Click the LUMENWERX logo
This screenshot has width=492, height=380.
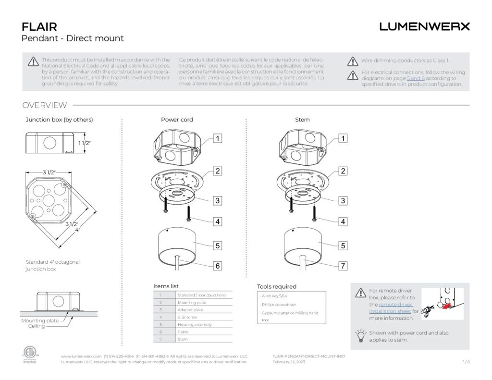pyautogui.click(x=424, y=27)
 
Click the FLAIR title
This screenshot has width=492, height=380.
pyautogui.click(x=39, y=26)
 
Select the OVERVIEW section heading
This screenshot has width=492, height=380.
pyautogui.click(x=45, y=105)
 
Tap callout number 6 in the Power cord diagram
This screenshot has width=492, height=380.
pyautogui.click(x=218, y=266)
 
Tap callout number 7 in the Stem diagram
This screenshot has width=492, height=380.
pyautogui.click(x=343, y=266)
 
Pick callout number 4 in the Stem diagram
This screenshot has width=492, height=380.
pyautogui.click(x=343, y=222)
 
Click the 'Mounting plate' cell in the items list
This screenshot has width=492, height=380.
pyautogui.click(x=192, y=303)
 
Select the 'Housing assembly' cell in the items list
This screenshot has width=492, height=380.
pyautogui.click(x=194, y=324)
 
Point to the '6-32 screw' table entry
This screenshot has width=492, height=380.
pyautogui.click(x=188, y=317)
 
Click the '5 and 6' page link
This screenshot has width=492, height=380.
pyautogui.click(x=416, y=78)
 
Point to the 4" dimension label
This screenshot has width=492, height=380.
pyautogui.click(x=77, y=230)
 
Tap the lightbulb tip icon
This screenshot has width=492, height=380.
pyautogui.click(x=360, y=335)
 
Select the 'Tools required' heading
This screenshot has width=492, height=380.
pyautogui.click(x=277, y=286)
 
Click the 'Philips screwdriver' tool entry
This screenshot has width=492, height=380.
pyautogui.click(x=279, y=305)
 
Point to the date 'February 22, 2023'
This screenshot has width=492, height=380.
pyautogui.click(x=288, y=362)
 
